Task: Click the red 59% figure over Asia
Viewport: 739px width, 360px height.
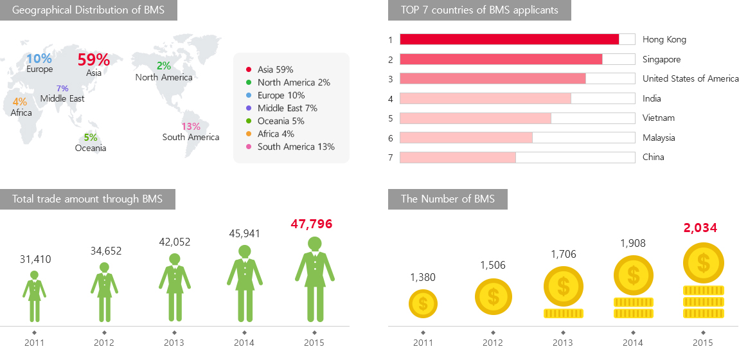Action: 93,60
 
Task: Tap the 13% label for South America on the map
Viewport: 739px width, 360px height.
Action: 191,127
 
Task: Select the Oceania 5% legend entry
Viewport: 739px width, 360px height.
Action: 281,121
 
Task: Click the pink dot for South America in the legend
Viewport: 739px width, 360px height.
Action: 248,147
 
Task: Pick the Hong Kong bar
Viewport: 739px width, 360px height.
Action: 509,39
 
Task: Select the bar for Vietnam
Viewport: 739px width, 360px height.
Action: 476,118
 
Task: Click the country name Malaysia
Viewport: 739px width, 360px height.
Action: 659,138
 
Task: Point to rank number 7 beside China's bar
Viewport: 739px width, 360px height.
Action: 390,157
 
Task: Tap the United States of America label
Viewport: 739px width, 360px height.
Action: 690,78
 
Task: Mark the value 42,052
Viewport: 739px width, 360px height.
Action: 175,242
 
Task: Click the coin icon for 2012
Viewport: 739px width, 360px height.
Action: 494,296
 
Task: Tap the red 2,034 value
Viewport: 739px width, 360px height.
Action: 700,228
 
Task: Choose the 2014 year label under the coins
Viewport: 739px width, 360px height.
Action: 632,343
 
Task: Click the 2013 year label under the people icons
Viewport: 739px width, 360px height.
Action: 174,343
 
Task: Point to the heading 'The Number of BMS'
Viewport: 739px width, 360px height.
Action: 447,199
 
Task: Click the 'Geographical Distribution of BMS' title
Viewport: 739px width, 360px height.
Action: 88,10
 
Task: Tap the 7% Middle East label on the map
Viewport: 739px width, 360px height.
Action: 62,89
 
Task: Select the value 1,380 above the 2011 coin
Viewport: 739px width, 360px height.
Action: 423,277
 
